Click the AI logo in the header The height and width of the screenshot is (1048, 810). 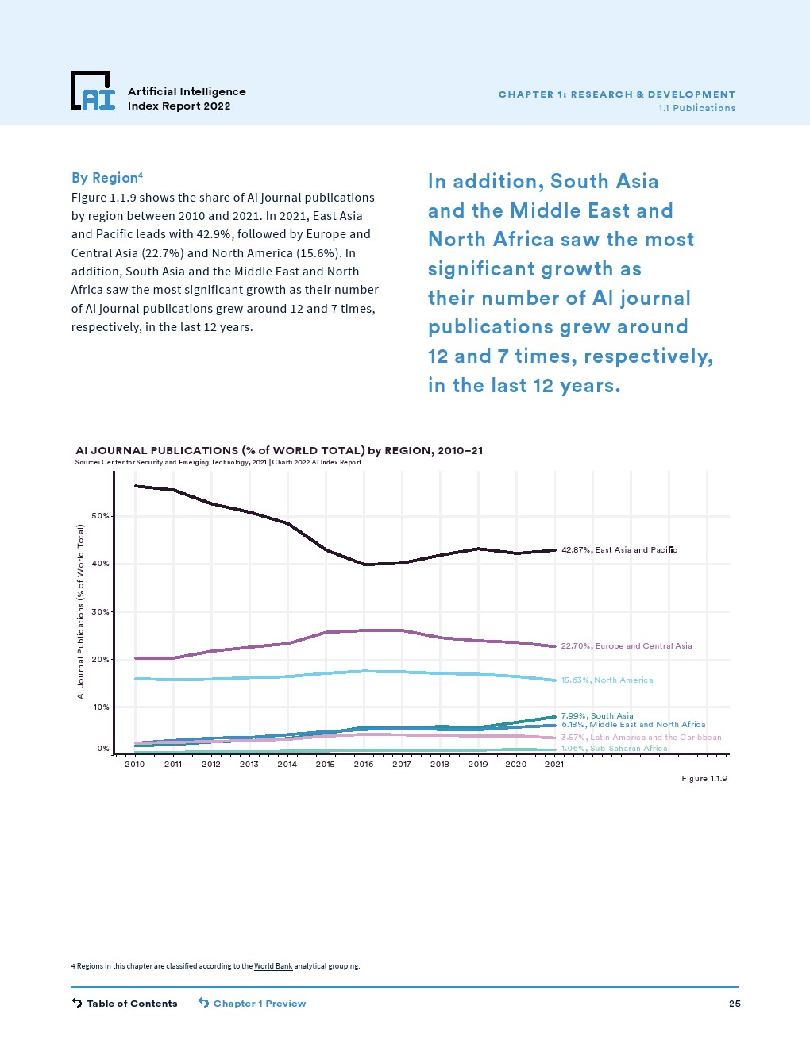[x=93, y=91]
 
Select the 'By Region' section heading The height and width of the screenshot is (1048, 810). [x=106, y=178]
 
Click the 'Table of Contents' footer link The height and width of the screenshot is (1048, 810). [x=125, y=1004]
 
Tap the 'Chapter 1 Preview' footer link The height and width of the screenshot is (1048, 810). [x=253, y=1004]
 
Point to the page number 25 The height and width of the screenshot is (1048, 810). [x=735, y=1004]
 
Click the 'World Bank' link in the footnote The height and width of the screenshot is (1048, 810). [x=273, y=966]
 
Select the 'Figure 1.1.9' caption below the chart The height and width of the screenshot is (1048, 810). [x=704, y=779]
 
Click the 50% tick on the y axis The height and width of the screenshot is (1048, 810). [x=101, y=516]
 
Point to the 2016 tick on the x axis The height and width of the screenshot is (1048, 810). [x=364, y=764]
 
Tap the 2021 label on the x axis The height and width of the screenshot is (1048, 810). [x=554, y=764]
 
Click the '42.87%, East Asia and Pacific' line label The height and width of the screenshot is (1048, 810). [x=619, y=550]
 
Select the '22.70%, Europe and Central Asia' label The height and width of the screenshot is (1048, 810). [x=627, y=646]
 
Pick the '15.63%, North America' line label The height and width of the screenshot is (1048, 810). [x=607, y=680]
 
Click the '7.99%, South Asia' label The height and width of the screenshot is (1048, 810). [x=597, y=715]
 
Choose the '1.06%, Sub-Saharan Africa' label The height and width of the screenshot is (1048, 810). [x=614, y=749]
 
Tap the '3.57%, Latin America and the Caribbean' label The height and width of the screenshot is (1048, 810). [x=641, y=738]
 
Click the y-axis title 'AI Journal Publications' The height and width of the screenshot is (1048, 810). [x=80, y=611]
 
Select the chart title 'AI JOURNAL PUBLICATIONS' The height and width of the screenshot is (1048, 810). [x=279, y=450]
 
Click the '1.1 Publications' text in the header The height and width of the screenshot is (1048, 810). [x=696, y=108]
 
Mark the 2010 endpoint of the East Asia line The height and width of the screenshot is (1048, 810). [x=136, y=486]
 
